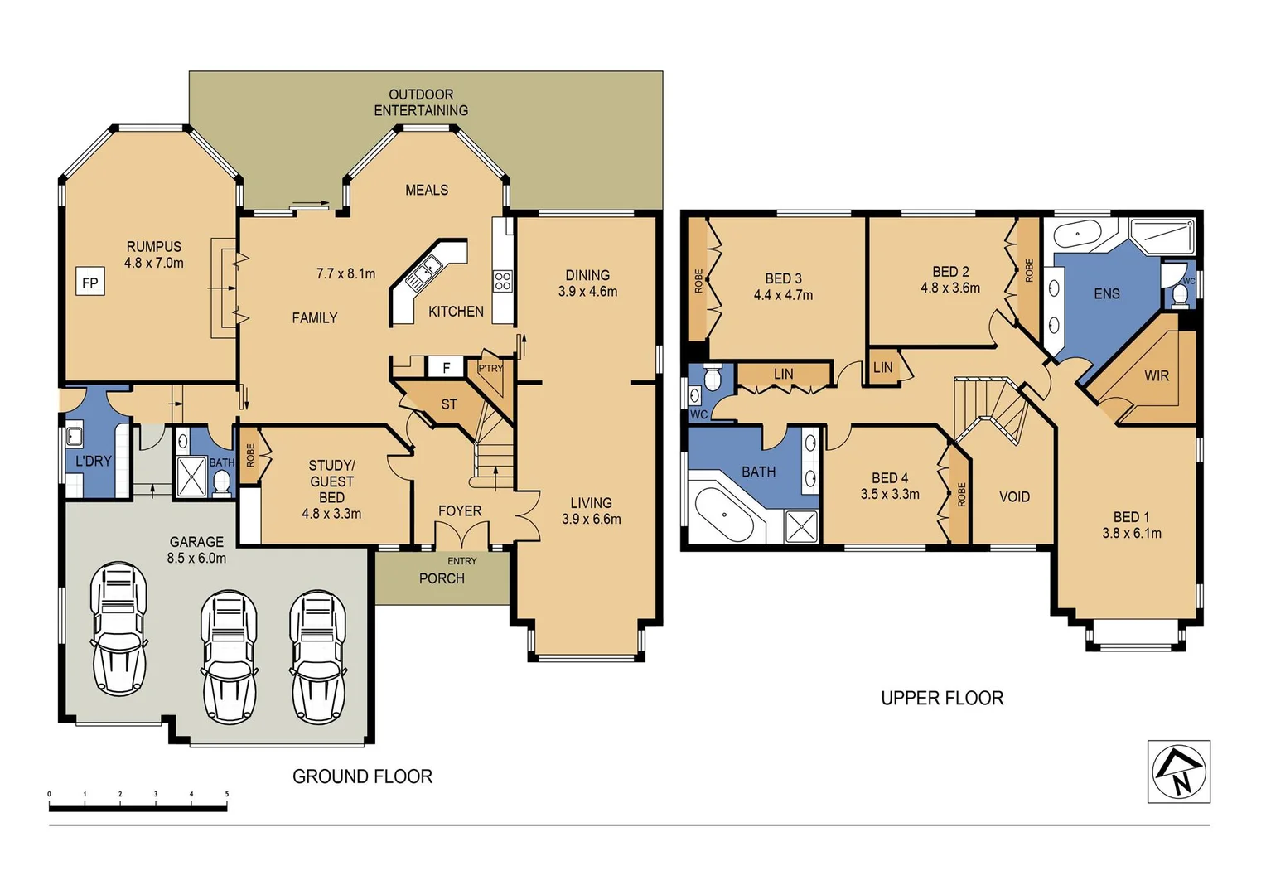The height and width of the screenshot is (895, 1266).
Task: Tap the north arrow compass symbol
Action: pos(1179,772)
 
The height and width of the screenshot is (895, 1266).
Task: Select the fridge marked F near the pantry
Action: pos(446,367)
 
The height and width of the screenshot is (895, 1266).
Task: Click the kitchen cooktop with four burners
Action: pos(502,281)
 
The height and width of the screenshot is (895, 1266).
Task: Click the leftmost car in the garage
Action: pos(119,629)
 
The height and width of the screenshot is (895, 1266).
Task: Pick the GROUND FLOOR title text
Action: pos(362,776)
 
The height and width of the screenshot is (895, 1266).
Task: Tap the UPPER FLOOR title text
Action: pos(942,699)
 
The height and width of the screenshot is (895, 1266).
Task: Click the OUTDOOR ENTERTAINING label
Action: pos(421,102)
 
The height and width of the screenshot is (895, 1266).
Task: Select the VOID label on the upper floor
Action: pos(1014,497)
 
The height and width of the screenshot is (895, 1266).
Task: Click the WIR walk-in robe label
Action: pos(1157,375)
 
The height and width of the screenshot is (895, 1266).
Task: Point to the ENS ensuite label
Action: pos(1107,293)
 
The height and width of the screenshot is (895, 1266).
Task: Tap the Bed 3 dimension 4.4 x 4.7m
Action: pos(783,294)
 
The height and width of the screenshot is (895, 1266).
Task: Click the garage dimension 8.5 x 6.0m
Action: pos(196,558)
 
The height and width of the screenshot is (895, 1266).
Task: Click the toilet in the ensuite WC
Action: pos(1180,295)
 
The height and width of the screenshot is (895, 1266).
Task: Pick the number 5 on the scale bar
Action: pos(227,794)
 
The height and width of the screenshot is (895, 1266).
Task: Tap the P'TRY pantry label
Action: pos(490,368)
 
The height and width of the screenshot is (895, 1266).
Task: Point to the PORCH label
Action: pos(442,578)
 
